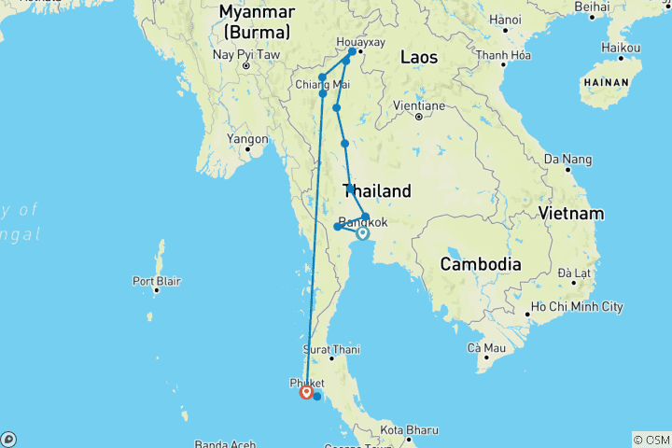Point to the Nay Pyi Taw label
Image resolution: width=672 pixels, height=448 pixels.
click(246, 54)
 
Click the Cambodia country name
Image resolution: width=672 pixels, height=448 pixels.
click(481, 264)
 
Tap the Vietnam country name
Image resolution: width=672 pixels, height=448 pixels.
click(570, 214)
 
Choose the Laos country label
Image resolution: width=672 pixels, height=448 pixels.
click(419, 58)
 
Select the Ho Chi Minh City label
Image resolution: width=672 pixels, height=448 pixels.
click(576, 306)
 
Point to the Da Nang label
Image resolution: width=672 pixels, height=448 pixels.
click(570, 159)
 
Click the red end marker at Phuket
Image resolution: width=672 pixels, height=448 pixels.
click(305, 392)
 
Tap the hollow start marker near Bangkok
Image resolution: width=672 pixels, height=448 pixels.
click(362, 233)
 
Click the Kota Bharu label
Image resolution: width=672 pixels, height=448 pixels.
click(410, 429)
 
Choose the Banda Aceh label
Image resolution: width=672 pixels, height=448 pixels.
click(224, 443)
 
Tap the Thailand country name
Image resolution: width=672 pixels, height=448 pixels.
click(377, 191)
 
